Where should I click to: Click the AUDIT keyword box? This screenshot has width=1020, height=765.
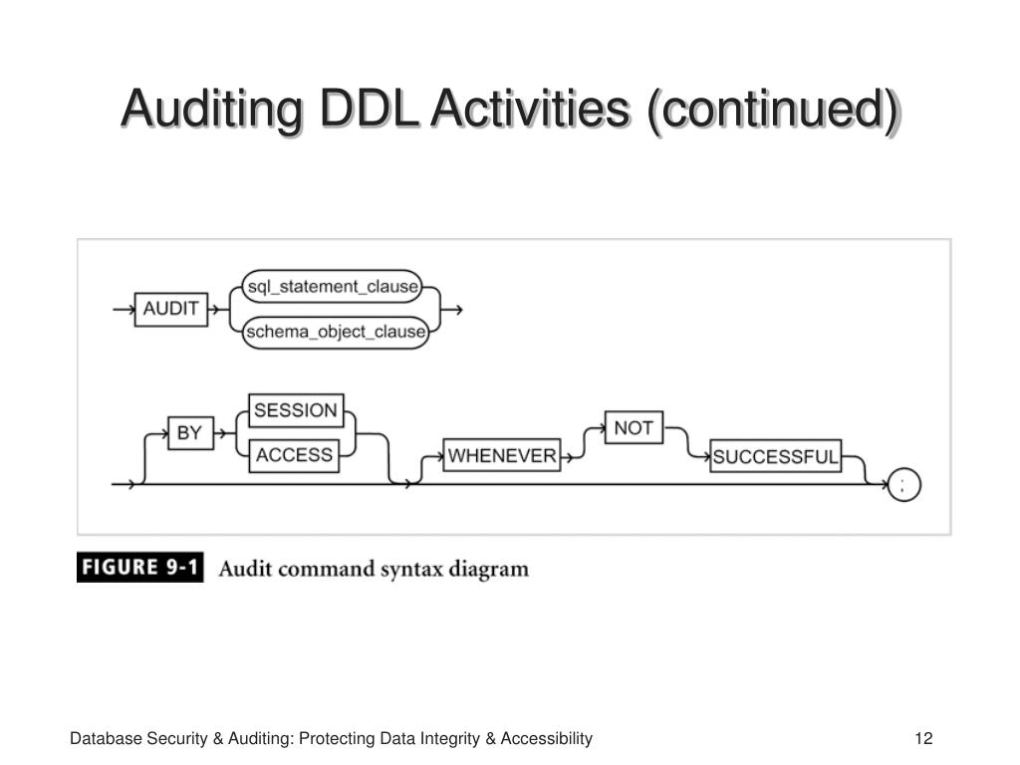(x=171, y=310)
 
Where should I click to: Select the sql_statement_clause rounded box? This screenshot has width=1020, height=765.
(x=332, y=286)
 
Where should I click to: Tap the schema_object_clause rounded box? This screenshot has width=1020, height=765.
(x=336, y=333)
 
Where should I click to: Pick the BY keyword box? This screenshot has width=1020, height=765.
(x=190, y=432)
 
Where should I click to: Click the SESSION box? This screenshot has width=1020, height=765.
(x=296, y=410)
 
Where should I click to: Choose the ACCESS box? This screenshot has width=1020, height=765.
(x=294, y=454)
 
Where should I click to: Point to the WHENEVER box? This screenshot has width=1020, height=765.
(x=502, y=455)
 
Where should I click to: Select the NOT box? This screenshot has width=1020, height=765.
(x=634, y=427)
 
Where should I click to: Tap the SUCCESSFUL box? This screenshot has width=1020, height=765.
(x=775, y=456)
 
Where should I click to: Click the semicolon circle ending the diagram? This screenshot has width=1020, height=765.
(x=904, y=485)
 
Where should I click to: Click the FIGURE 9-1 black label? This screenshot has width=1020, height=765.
(x=139, y=567)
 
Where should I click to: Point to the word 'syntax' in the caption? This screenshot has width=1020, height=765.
(x=409, y=570)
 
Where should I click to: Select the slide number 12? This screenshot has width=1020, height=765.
(x=923, y=738)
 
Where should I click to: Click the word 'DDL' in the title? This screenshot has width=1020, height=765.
(x=369, y=108)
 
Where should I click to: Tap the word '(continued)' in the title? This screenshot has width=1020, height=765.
(x=774, y=111)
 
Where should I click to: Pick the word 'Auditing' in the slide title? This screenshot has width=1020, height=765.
(x=212, y=111)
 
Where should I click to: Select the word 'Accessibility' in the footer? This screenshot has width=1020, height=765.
(x=547, y=739)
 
